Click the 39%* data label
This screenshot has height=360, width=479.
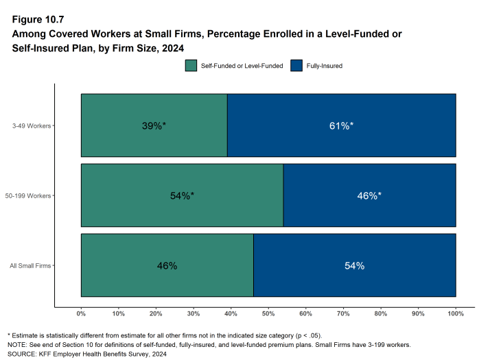point(154,125)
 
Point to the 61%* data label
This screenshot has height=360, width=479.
point(341,125)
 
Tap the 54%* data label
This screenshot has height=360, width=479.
point(182,195)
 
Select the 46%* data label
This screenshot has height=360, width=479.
point(369,195)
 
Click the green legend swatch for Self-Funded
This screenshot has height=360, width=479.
point(191,66)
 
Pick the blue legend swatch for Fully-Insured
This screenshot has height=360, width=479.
point(296,66)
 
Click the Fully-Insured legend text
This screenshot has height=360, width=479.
point(325,66)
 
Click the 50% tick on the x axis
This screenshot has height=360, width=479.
point(268,313)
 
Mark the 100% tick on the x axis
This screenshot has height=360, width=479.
point(456,313)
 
